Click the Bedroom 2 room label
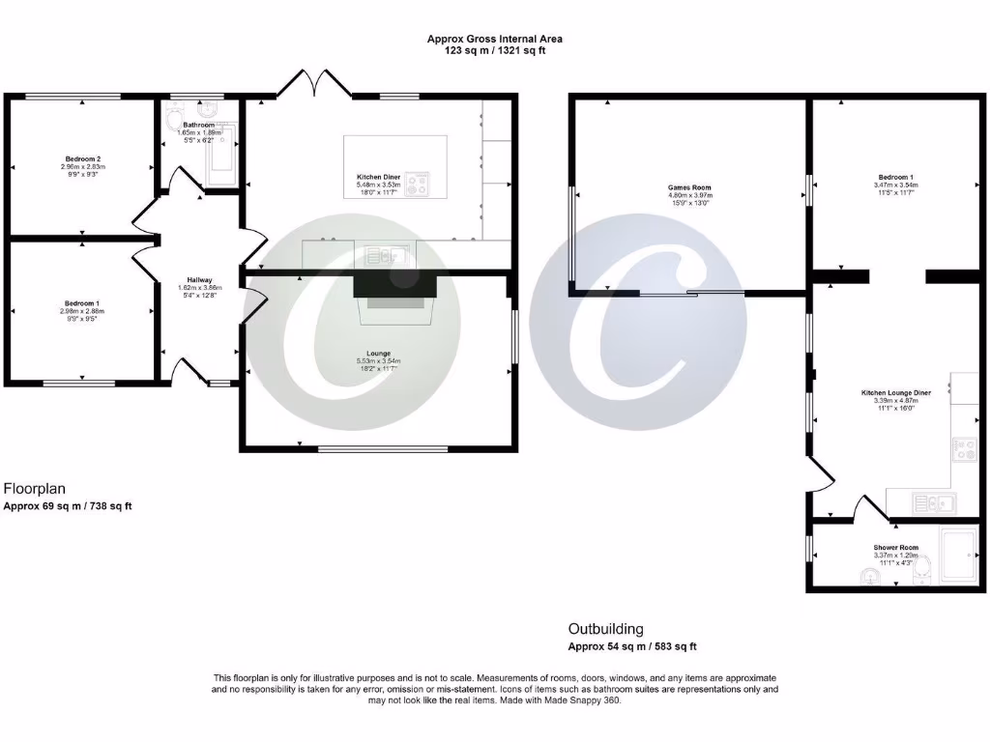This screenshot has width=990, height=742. click(83, 158)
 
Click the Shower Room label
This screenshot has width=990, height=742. click(895, 548)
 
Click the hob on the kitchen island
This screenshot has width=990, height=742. click(418, 184)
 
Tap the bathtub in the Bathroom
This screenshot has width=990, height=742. click(221, 154)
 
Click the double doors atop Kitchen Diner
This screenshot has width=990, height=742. click(314, 84)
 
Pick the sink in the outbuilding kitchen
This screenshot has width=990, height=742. click(933, 501)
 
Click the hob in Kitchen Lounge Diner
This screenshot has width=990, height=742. click(964, 448)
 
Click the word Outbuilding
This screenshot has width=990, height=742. click(605, 629)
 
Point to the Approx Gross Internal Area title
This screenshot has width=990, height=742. click(495, 40)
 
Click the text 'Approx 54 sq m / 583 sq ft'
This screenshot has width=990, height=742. click(632, 646)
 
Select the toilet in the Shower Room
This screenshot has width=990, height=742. click(869, 578)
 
